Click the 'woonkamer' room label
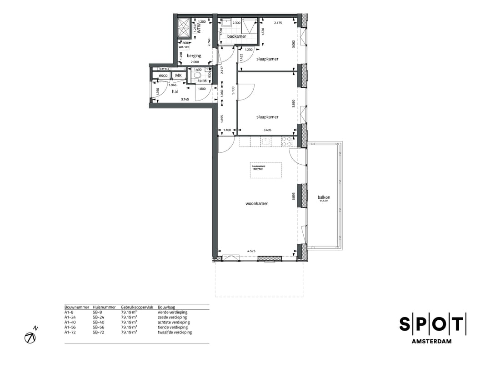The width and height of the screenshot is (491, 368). point(256,204)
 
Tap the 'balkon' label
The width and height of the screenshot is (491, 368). point(324,197)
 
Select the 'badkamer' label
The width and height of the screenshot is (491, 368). point(236,36)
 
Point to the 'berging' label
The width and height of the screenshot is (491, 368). point(194,56)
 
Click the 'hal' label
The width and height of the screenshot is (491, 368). point(175,91)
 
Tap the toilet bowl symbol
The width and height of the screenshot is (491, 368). point(197,76)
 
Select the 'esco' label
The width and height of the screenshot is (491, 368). point(163,76)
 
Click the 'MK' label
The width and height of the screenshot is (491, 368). point(178,76)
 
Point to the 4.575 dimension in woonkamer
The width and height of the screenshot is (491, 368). point(251,251)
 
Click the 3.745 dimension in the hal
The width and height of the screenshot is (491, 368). point(185,100)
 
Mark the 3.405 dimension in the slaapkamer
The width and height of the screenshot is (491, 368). point(268,131)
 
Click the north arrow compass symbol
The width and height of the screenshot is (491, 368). point(31,337)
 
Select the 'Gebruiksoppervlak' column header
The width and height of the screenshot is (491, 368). point(135,308)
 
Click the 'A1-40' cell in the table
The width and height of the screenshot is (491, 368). point(70,323)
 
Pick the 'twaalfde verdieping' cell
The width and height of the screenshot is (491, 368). point(175,333)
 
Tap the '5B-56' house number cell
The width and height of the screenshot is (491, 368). point(99,328)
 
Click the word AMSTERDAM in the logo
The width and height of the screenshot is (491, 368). point(431,341)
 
